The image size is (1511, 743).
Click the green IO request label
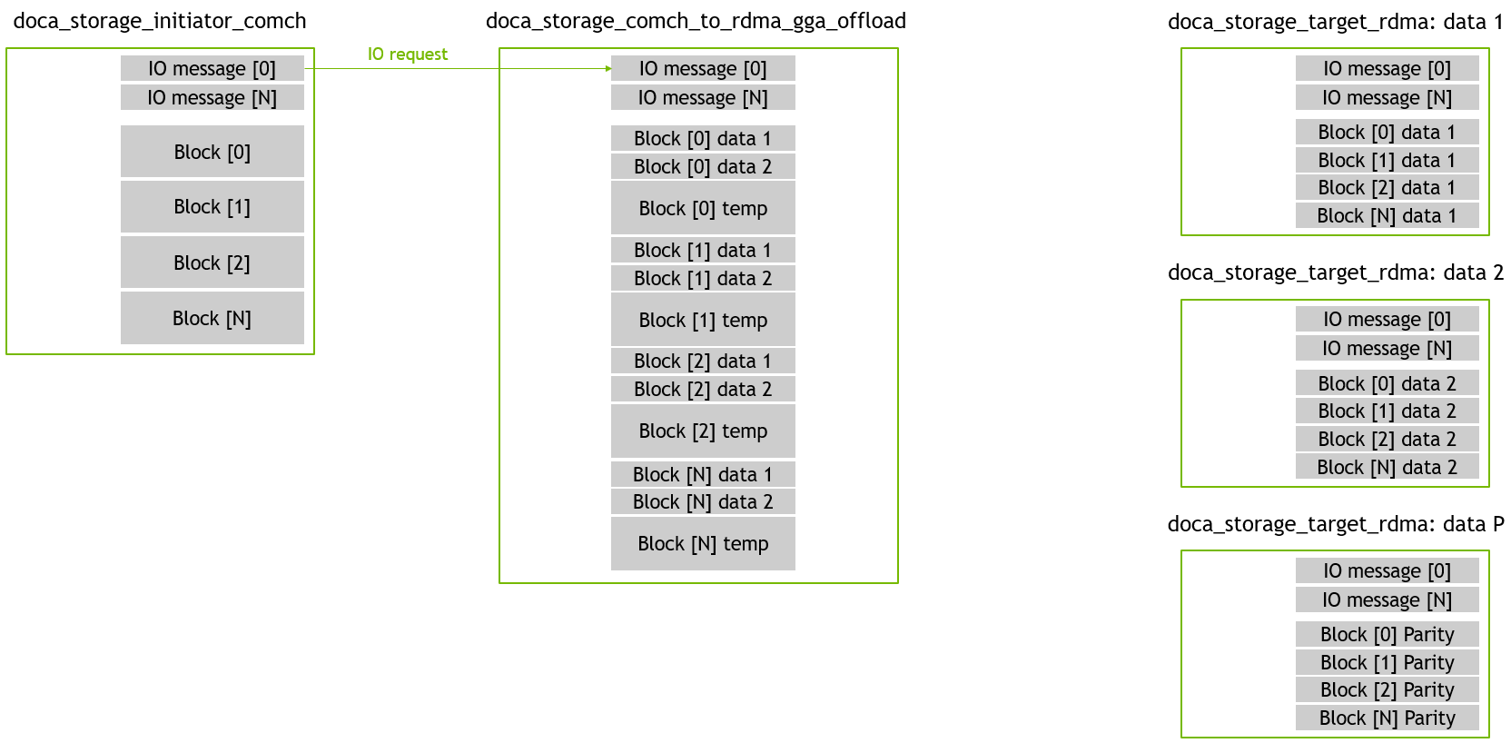[x=408, y=54]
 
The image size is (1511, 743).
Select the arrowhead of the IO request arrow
[x=608, y=68]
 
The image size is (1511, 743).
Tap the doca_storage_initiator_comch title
[x=160, y=21]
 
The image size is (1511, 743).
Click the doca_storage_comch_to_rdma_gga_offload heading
[x=696, y=21]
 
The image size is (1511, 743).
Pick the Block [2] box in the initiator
[x=212, y=263]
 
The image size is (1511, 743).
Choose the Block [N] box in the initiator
[x=212, y=318]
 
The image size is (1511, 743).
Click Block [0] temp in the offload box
[x=703, y=208]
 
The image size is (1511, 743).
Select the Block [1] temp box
[x=703, y=319]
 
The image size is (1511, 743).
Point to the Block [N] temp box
[x=703, y=543]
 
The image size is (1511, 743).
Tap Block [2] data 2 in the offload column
[x=703, y=389]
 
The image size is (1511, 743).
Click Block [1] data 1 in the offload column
[x=703, y=250]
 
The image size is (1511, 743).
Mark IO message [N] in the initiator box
[x=212, y=97]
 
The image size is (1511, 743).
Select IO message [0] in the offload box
[x=703, y=68]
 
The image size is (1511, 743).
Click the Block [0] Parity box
[x=1387, y=634]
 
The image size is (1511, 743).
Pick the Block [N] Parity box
[x=1387, y=718]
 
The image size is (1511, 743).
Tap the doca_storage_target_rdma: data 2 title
[x=1336, y=272]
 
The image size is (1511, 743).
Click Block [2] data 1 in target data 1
[x=1387, y=187]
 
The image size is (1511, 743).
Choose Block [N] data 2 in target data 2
[x=1387, y=466]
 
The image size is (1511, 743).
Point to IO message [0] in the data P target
[x=1387, y=571]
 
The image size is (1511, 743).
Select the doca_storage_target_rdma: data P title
[x=1336, y=524]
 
